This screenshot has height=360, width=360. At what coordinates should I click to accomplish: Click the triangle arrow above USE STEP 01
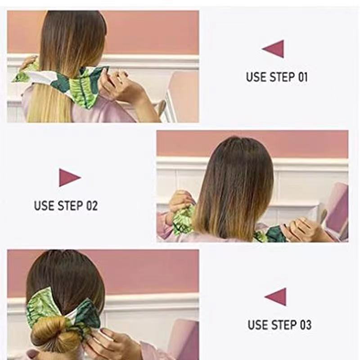pos(274,49)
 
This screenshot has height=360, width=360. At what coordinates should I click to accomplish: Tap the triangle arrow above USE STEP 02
pos(69,178)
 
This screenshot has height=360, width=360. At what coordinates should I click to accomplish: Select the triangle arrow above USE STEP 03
pos(276,297)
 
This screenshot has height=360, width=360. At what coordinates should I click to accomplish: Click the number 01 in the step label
pos(301,77)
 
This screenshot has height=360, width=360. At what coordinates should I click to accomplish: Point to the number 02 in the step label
pos(91,206)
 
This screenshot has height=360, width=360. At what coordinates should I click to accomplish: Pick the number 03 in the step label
pos(305,324)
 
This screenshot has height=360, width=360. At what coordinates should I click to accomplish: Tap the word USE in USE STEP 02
pos(44,206)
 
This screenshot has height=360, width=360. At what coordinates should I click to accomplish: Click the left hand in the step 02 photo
pos(180,202)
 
